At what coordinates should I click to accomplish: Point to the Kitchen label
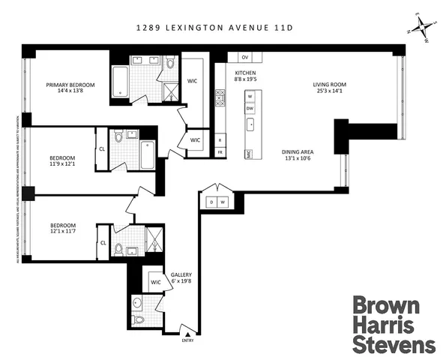click(x=247, y=70)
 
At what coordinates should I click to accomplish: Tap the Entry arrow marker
click(x=187, y=334)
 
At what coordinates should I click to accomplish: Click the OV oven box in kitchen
click(x=245, y=57)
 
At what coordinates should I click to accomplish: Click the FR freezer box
click(x=220, y=152)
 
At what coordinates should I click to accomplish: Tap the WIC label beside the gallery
click(x=156, y=282)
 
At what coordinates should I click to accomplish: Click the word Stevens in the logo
click(x=394, y=344)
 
